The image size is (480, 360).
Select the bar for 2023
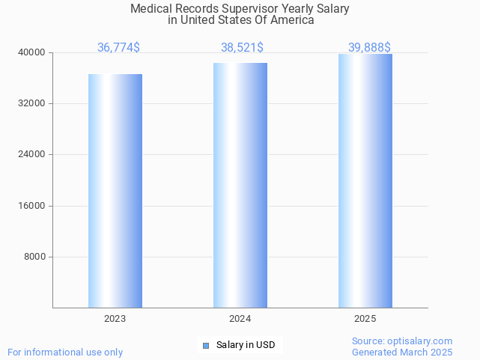click(115, 191)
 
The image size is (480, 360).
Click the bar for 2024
click(240, 185)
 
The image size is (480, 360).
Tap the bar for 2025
click(365, 180)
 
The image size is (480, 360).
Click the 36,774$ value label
click(118, 47)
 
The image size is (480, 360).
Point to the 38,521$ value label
click(242, 47)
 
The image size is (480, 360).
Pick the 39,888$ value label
click(369, 47)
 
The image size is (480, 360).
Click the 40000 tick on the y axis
click(32, 52)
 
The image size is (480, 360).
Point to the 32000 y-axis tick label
click(32, 103)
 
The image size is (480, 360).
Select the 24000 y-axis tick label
click(32, 154)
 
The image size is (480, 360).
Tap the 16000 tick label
click(32, 206)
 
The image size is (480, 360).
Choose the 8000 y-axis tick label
click(34, 257)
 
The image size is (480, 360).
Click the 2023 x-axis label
click(115, 319)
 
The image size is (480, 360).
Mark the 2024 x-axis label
click(240, 319)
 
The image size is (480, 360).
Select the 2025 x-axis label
click(365, 319)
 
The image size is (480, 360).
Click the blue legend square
click(206, 345)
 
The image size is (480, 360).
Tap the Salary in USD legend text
click(245, 345)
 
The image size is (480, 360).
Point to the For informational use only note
click(65, 352)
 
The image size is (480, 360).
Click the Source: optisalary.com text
click(402, 341)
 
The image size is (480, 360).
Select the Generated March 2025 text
click(402, 352)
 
